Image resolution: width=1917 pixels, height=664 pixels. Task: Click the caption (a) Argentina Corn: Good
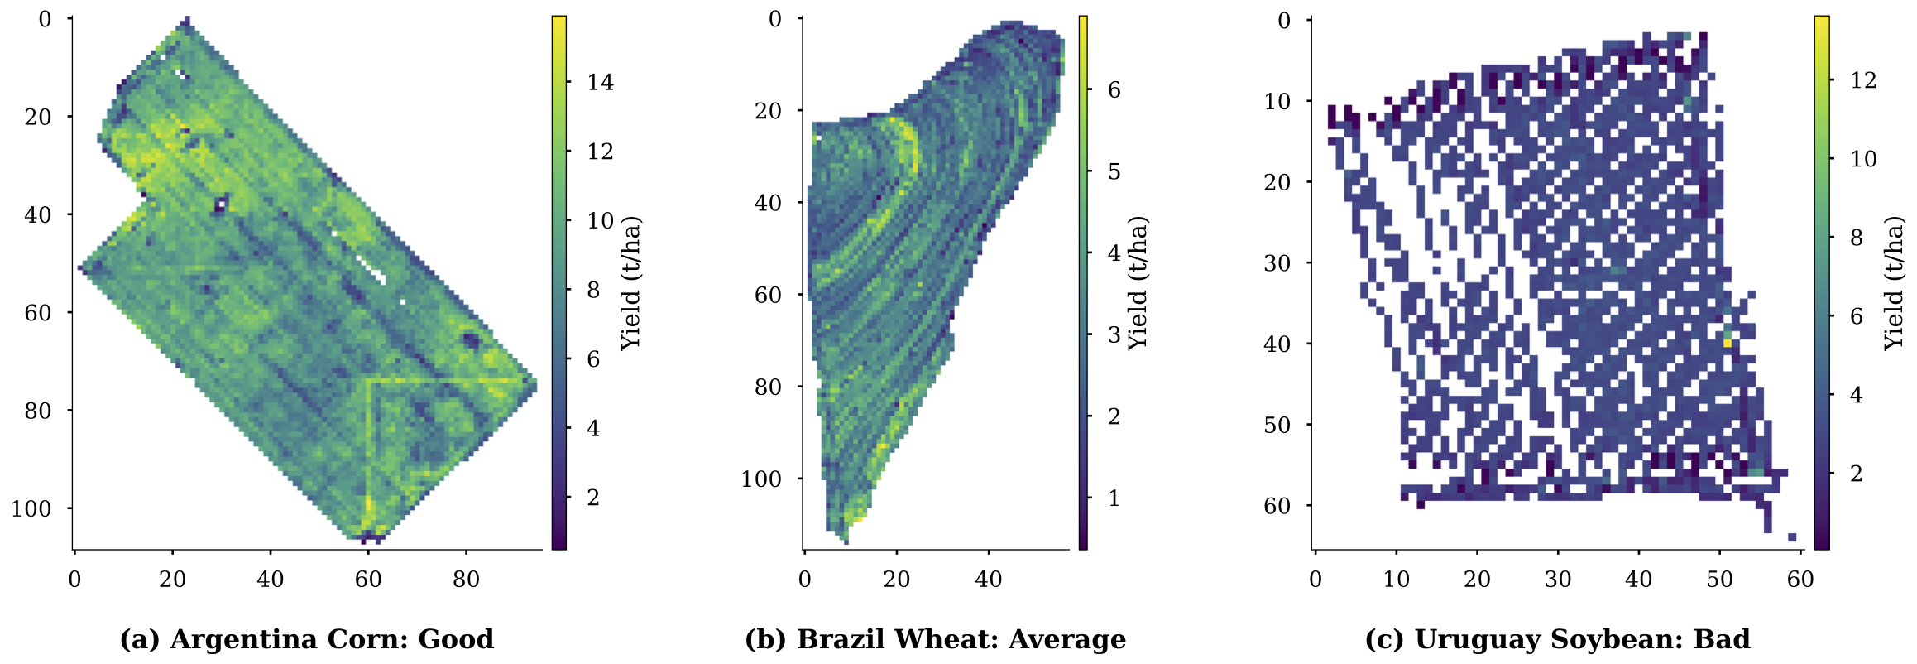[307, 639]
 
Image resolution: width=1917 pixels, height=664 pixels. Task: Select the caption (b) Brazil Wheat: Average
[935, 639]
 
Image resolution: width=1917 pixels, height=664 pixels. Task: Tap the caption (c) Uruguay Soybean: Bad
[1557, 639]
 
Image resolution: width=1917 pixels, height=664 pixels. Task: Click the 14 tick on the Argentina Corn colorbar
[601, 82]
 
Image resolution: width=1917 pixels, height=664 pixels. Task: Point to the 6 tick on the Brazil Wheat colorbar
[1114, 89]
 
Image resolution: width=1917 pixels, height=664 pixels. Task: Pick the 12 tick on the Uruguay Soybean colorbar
[1863, 80]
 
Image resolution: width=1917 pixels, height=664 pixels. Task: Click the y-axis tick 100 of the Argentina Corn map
[31, 508]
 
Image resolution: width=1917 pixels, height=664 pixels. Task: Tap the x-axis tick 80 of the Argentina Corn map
[466, 580]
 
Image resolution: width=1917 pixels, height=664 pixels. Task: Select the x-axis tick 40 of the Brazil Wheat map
[989, 580]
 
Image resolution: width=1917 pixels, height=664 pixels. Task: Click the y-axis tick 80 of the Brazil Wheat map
[768, 387]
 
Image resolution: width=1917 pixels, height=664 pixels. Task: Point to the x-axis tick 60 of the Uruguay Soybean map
[1800, 580]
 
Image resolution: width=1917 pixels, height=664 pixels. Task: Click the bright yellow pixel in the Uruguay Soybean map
[1728, 342]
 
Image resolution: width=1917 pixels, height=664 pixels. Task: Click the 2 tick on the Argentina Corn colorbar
[592, 498]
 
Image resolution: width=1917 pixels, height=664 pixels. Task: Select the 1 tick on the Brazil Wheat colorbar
[1114, 498]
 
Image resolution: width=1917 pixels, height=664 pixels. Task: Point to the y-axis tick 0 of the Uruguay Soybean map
[1284, 20]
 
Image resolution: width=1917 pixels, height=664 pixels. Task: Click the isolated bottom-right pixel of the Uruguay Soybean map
[1792, 537]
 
